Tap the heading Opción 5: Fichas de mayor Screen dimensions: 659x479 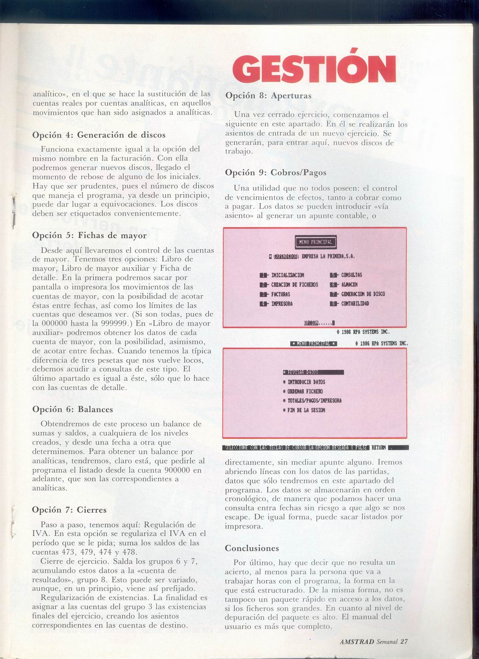(90, 235)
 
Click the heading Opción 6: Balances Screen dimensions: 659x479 (73, 409)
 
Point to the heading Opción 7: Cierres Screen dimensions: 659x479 (69, 510)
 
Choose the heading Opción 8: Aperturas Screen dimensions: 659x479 (268, 95)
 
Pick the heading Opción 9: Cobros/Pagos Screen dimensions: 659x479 (276, 173)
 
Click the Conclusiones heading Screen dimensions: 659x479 (252, 548)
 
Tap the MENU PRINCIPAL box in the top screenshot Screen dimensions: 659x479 (316, 242)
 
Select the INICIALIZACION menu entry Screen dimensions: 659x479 (287, 275)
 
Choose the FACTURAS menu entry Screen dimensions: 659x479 (280, 294)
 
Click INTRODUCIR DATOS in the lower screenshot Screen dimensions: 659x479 (306, 382)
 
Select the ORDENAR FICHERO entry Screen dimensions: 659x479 (305, 391)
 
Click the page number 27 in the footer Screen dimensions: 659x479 (404, 641)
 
